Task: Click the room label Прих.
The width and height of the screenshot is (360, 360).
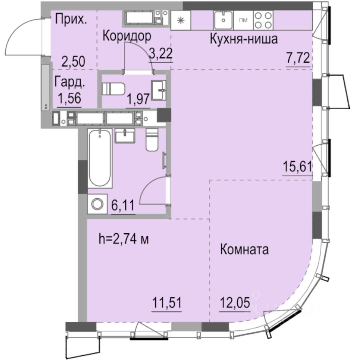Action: tap(70, 19)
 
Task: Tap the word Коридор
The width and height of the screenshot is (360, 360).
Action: tap(127, 36)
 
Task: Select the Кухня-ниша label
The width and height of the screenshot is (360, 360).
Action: tap(243, 39)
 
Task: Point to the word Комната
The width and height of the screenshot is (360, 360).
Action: tap(244, 249)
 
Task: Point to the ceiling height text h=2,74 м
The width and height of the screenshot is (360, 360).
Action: tap(123, 238)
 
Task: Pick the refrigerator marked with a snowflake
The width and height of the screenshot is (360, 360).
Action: tap(181, 20)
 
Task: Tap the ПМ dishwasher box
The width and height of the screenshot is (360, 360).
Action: tap(243, 20)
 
